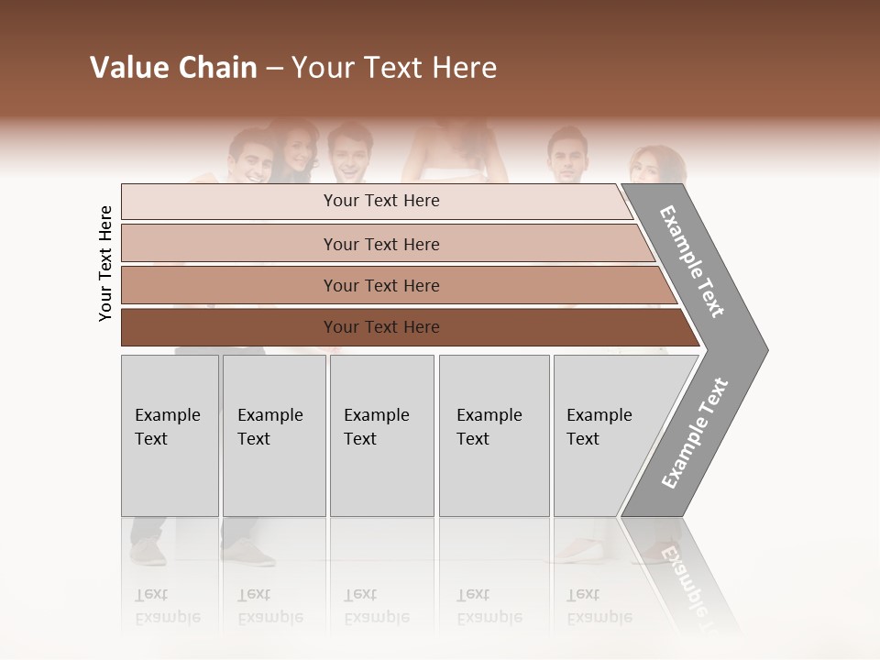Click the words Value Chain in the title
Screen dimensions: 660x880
(173, 68)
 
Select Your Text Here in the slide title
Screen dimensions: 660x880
(394, 68)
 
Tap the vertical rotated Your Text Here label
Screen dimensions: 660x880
(105, 264)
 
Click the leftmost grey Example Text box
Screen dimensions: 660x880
(170, 435)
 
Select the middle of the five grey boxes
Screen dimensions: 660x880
(381, 435)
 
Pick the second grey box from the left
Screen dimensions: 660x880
(274, 435)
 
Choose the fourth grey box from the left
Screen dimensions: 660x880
(494, 435)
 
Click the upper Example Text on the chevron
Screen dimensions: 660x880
(693, 261)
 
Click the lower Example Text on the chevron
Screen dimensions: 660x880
(695, 434)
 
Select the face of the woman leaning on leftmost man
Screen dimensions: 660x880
(295, 150)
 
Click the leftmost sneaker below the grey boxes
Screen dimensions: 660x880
(148, 553)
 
